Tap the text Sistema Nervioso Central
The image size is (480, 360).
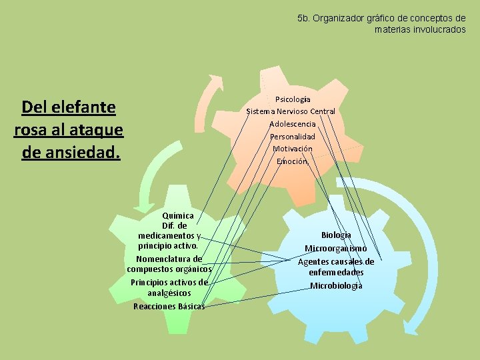click(291, 111)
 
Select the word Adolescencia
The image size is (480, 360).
click(293, 124)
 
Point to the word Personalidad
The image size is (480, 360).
click(293, 137)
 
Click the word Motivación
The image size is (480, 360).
click(293, 149)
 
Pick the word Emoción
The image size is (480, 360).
click(292, 161)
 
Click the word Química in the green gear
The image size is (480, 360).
click(178, 216)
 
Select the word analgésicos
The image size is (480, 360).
click(169, 293)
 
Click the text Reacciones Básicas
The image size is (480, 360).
click(169, 306)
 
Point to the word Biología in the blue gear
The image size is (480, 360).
click(336, 235)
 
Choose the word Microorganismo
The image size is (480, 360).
click(336, 248)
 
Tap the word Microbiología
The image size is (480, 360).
click(336, 285)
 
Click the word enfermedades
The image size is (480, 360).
click(336, 273)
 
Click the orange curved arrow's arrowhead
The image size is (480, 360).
click(217, 79)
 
